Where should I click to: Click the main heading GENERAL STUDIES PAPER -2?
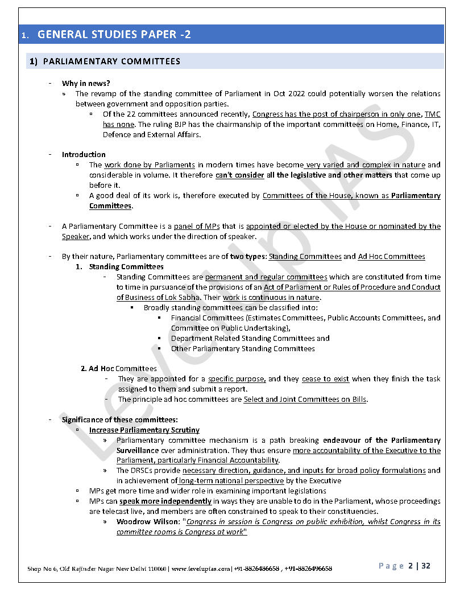coord(114,35)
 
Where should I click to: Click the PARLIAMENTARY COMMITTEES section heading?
coord(111,61)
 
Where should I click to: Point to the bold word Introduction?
coord(84,155)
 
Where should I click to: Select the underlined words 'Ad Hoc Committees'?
coord(391,257)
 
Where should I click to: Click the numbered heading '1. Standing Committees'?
coord(120,267)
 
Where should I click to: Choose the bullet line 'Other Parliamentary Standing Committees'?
coord(242,349)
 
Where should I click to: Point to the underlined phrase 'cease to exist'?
coord(326,379)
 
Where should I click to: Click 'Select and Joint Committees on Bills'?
coord(305,400)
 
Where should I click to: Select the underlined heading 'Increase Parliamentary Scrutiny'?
coord(144,430)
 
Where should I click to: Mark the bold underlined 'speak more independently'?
coord(165,501)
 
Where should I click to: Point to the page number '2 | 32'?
coord(420,566)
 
